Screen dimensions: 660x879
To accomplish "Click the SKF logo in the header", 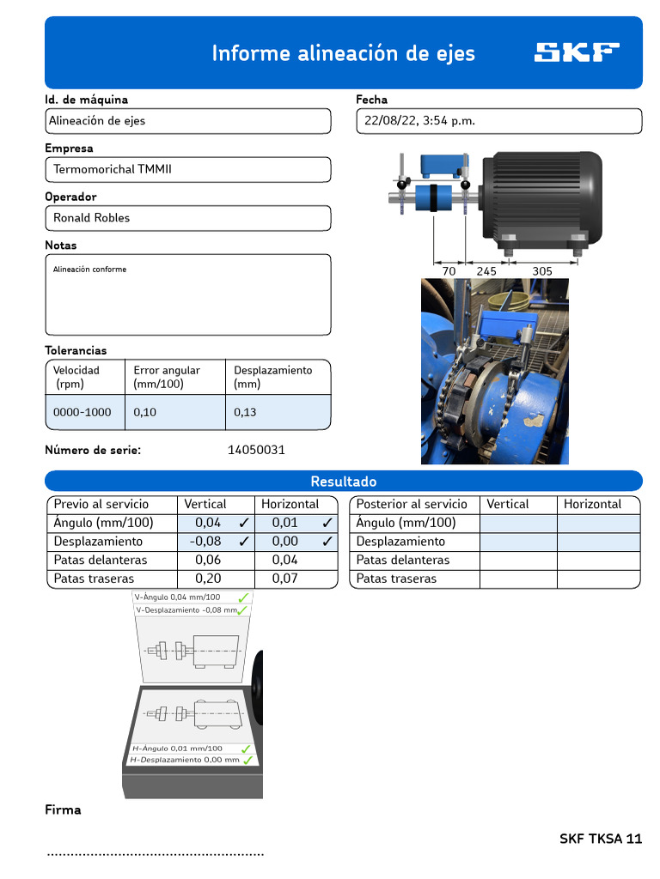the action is tap(577, 52).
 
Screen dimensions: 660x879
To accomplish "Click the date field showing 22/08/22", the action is tap(419, 121).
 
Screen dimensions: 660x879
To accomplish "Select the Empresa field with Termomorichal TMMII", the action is tap(113, 169).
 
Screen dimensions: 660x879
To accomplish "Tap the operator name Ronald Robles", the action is tap(92, 218).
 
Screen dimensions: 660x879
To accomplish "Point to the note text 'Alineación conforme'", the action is tap(89, 270).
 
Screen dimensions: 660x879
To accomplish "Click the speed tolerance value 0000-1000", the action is tap(82, 412).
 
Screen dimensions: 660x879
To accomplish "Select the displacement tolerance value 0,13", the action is tap(245, 412).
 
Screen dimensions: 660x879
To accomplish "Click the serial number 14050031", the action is tap(256, 450).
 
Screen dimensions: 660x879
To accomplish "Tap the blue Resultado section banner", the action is tap(343, 482).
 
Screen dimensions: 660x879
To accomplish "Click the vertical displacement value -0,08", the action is tap(205, 542).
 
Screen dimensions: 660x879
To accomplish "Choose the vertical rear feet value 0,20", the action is tap(208, 579).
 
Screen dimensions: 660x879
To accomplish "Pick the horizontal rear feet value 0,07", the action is tap(284, 579).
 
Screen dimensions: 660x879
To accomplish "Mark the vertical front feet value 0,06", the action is tap(208, 560).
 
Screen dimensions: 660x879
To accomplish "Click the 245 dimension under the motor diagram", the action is tap(486, 270).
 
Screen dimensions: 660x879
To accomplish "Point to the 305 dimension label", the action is tap(541, 270).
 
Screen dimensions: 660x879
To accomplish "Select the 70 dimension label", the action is tap(449, 270).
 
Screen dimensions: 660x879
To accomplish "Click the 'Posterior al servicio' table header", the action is tap(412, 504).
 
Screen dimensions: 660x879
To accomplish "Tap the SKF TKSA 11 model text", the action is tap(600, 839).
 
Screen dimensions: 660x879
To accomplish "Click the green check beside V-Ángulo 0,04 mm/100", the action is tap(243, 597).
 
